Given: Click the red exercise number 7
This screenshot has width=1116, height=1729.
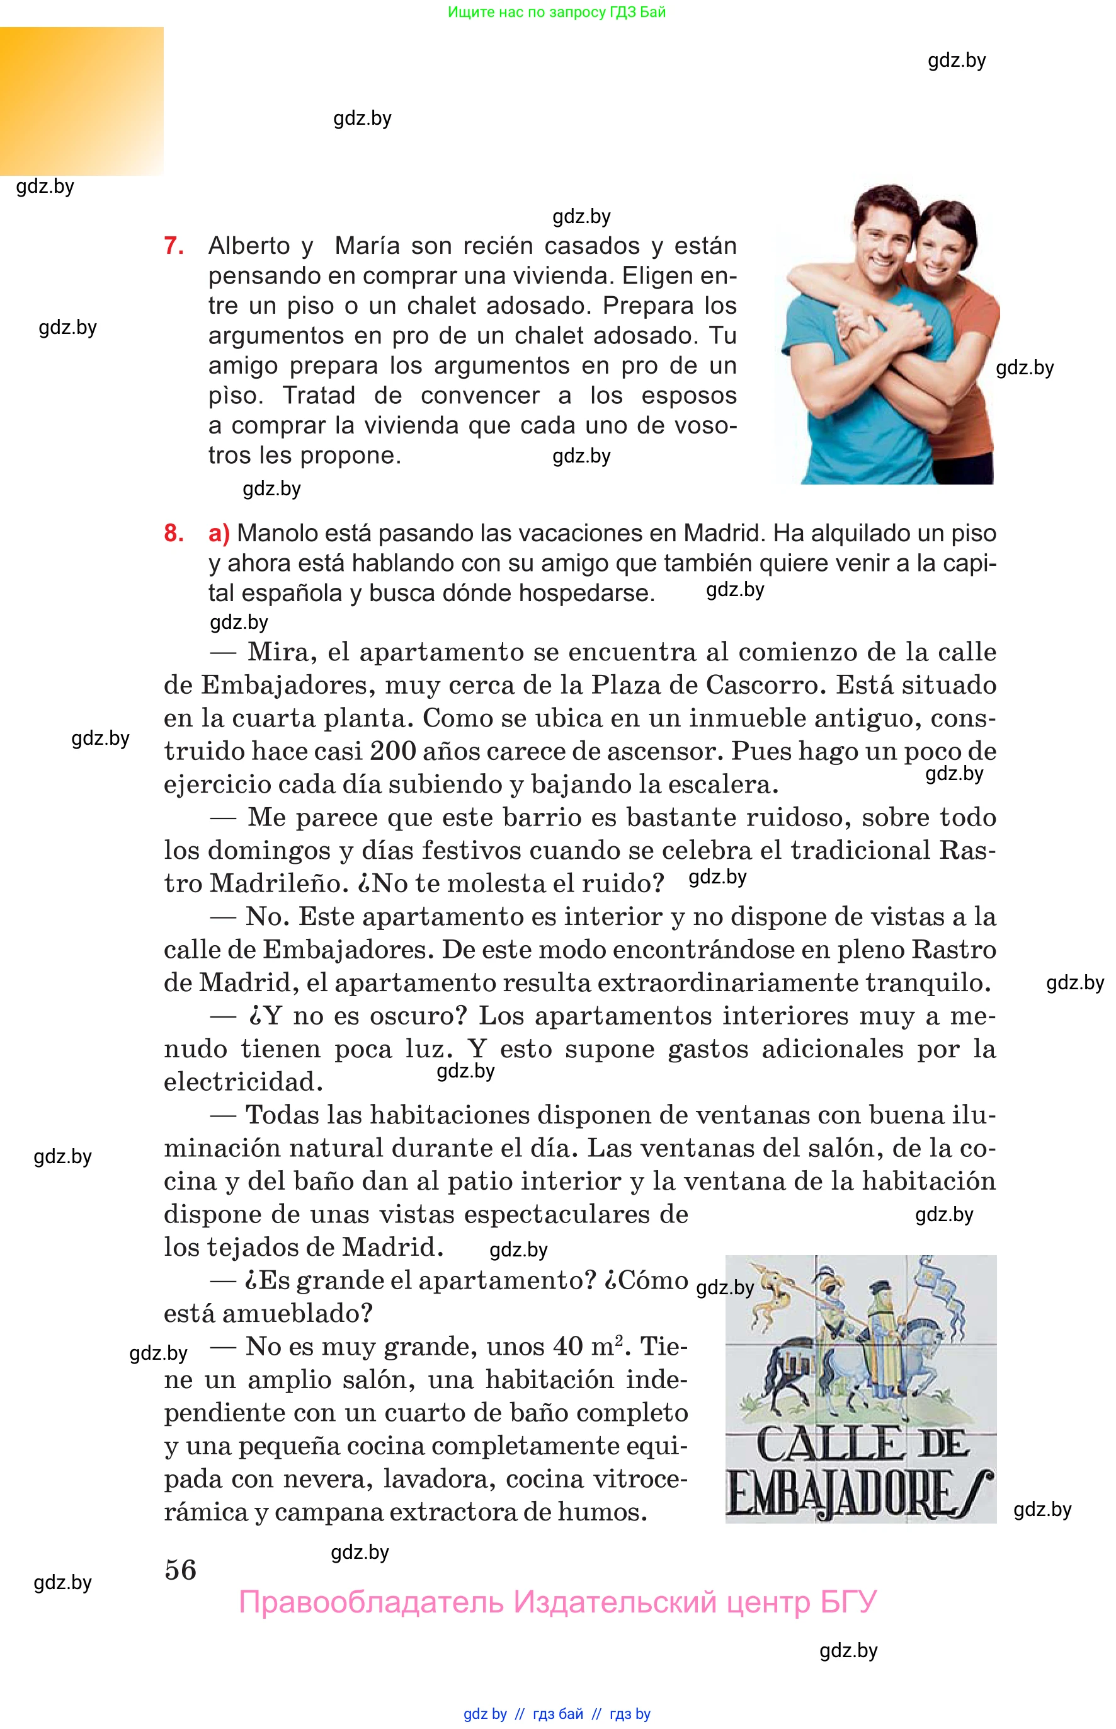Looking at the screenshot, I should coord(174,246).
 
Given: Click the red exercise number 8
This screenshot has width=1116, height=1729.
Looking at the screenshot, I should coord(174,533).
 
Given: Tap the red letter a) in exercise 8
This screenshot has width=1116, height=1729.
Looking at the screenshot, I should coord(219,534).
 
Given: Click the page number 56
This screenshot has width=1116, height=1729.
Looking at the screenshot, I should coord(181,1570).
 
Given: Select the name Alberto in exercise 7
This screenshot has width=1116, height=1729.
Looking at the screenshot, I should coord(249,246).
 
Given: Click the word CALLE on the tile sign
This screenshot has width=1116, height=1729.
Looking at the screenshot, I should coord(828,1445).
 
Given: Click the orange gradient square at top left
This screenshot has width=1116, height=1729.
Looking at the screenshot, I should coord(81,101).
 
